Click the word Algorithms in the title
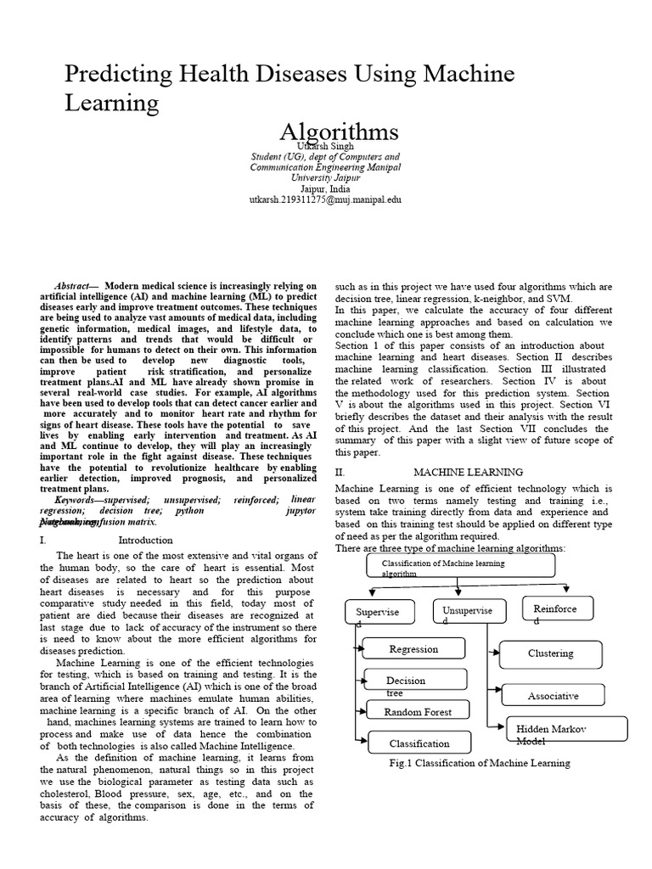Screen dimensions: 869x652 [339, 132]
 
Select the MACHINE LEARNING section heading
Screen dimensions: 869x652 [468, 472]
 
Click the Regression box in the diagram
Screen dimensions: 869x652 [413, 649]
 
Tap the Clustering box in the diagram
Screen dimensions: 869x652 [550, 653]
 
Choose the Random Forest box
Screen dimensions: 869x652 [418, 712]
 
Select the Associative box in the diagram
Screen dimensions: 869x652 [553, 696]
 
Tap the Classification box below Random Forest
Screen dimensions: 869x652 [419, 743]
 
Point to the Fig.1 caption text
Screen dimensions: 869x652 [477, 763]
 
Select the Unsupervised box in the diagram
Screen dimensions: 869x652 [469, 612]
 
